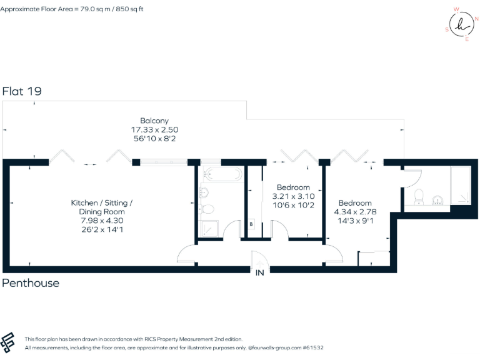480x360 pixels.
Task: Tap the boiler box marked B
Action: (x=251, y=224)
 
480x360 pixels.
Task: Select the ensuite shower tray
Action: (x=460, y=186)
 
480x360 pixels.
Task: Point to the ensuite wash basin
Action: (x=437, y=201)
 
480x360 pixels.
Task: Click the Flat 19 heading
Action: (x=22, y=91)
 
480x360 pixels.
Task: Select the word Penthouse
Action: (x=31, y=283)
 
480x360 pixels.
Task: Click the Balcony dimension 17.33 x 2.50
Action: (x=154, y=129)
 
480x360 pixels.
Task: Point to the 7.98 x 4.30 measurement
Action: (x=102, y=221)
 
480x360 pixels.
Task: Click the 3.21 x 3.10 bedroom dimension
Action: (x=293, y=196)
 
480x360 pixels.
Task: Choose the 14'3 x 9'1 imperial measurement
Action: (x=355, y=221)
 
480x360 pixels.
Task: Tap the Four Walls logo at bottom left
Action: (x=9, y=342)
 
